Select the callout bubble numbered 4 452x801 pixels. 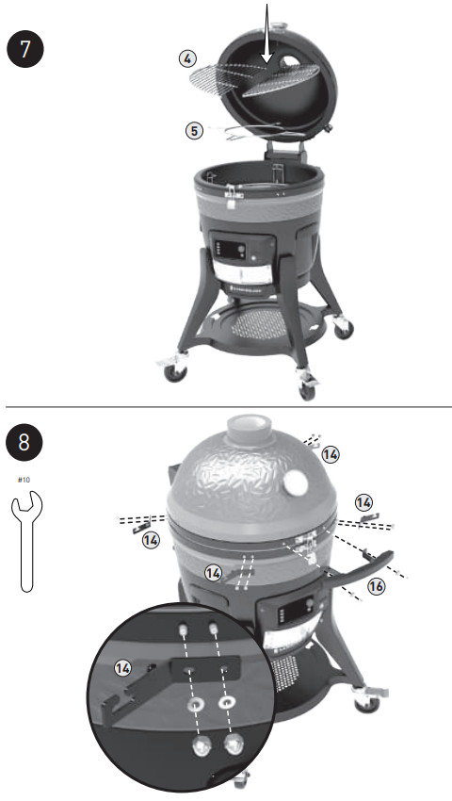coord(191,58)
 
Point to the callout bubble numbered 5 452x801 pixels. coord(195,131)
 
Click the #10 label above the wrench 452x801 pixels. coord(24,480)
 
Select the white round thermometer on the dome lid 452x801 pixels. coord(295,484)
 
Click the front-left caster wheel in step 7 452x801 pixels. coord(176,373)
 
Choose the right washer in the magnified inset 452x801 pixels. coord(228,703)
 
